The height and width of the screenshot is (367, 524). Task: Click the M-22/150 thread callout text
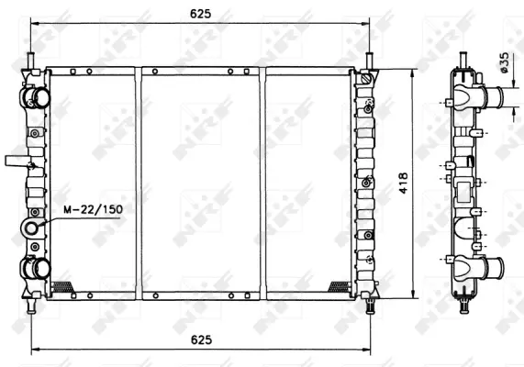pyautogui.click(x=93, y=209)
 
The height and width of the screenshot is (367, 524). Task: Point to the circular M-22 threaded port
pyautogui.click(x=33, y=228)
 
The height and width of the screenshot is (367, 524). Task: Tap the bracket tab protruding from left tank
pyautogui.click(x=17, y=161)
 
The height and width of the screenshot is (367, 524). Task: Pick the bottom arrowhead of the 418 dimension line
pyautogui.click(x=412, y=292)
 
